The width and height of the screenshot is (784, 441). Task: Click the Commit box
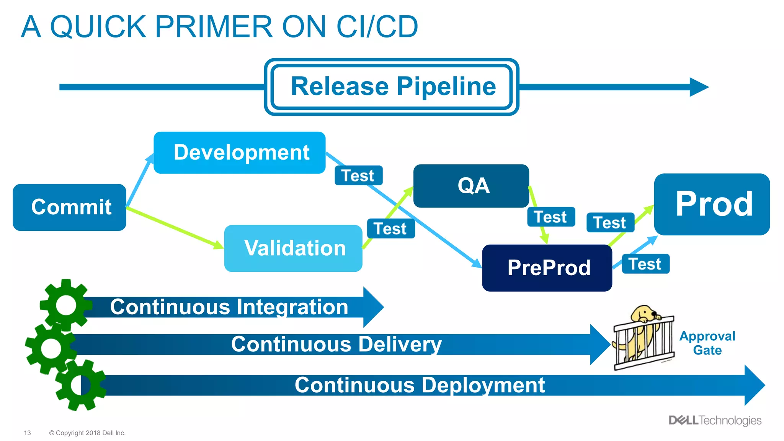click(x=69, y=207)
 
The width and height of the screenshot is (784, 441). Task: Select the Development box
click(x=240, y=153)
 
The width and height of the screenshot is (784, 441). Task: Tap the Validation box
click(x=293, y=248)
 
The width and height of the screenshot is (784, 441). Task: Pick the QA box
click(x=471, y=186)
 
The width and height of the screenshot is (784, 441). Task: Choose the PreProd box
click(x=547, y=268)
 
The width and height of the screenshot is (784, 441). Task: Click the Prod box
click(x=712, y=204)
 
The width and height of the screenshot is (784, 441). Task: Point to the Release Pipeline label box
click(x=392, y=87)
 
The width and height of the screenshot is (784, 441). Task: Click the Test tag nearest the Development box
click(x=358, y=176)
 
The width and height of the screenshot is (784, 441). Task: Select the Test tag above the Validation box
click(x=391, y=229)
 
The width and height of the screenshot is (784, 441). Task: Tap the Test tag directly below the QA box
click(x=551, y=217)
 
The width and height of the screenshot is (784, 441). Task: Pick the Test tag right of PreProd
click(x=645, y=264)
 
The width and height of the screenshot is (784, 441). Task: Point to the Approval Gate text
click(x=707, y=343)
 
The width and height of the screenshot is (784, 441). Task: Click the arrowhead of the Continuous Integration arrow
click(x=374, y=307)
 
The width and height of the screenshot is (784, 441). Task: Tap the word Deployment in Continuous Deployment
click(x=480, y=385)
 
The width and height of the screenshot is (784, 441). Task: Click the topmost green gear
click(x=66, y=305)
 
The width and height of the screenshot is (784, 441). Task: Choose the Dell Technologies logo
click(x=715, y=420)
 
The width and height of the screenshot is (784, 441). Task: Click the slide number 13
click(x=27, y=433)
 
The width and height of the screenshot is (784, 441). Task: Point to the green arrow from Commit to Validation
click(x=174, y=227)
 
